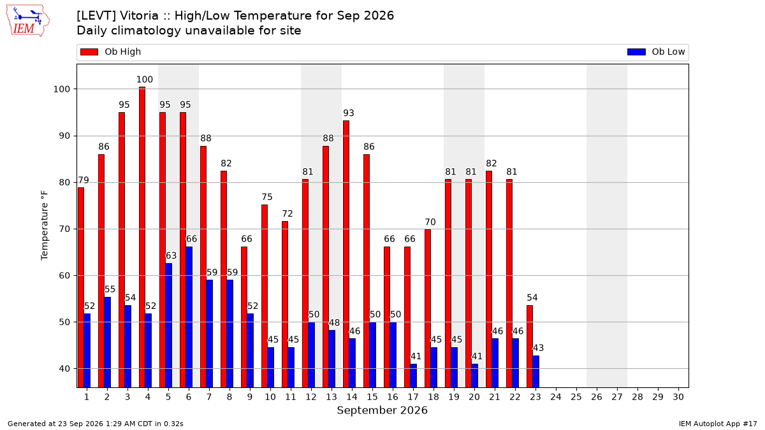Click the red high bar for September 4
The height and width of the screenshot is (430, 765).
[x=142, y=237]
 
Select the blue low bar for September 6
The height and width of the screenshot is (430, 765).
[x=189, y=317]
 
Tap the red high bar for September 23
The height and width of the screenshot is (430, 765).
[x=530, y=347]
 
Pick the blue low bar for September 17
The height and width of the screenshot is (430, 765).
[x=413, y=376]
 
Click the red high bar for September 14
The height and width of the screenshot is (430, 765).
[x=346, y=254]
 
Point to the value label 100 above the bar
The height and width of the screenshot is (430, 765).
[x=145, y=80]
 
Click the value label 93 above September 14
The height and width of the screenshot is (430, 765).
[x=349, y=113]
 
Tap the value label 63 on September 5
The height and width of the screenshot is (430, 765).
[x=171, y=255]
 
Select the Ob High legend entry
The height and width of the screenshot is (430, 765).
[x=110, y=52]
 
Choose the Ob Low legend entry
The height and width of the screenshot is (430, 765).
[x=656, y=52]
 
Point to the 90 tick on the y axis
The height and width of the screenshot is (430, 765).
[x=64, y=136]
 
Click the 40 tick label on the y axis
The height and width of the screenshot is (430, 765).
[x=64, y=369]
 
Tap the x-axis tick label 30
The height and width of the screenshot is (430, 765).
[x=678, y=397]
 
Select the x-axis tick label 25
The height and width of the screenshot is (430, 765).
[x=576, y=397]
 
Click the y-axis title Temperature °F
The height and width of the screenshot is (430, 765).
[x=45, y=226]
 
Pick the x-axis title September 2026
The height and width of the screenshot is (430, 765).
[x=382, y=410]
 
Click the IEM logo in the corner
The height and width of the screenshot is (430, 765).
[x=27, y=21]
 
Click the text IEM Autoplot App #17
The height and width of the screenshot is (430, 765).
[x=718, y=424]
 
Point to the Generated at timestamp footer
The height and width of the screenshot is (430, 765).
[x=95, y=424]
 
